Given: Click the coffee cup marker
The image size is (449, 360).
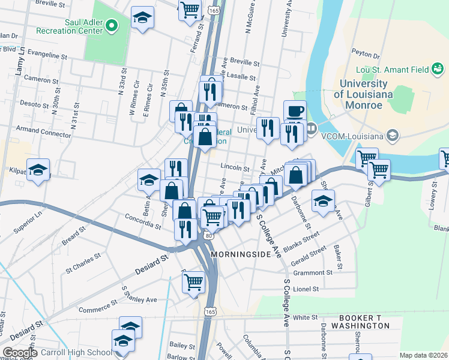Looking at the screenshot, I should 295,111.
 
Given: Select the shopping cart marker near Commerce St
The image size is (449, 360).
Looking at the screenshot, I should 193,281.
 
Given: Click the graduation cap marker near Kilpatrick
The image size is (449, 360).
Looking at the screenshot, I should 38,170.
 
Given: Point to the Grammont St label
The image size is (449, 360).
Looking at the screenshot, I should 313,272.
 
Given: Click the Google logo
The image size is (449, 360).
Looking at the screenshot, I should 20,353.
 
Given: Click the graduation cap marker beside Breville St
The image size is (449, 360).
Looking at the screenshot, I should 143,17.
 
